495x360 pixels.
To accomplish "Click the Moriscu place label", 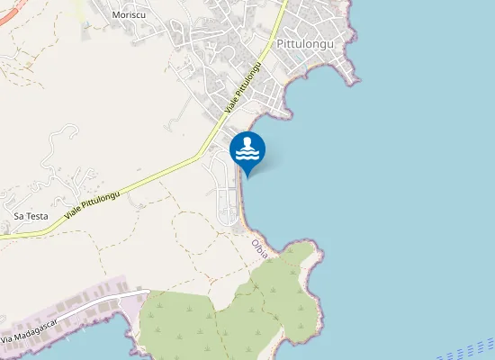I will pos(130,15).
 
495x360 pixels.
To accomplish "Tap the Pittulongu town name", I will pos(306,43).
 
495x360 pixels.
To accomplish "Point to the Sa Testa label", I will pos(31,216).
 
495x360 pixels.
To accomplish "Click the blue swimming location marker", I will pos(247,150).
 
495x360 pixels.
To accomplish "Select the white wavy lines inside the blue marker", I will pos(247,156).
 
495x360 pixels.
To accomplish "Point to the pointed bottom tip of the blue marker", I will pos(247,175).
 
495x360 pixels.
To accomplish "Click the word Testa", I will pos(37,216).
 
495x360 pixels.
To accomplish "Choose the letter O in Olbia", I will pos(256,241).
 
